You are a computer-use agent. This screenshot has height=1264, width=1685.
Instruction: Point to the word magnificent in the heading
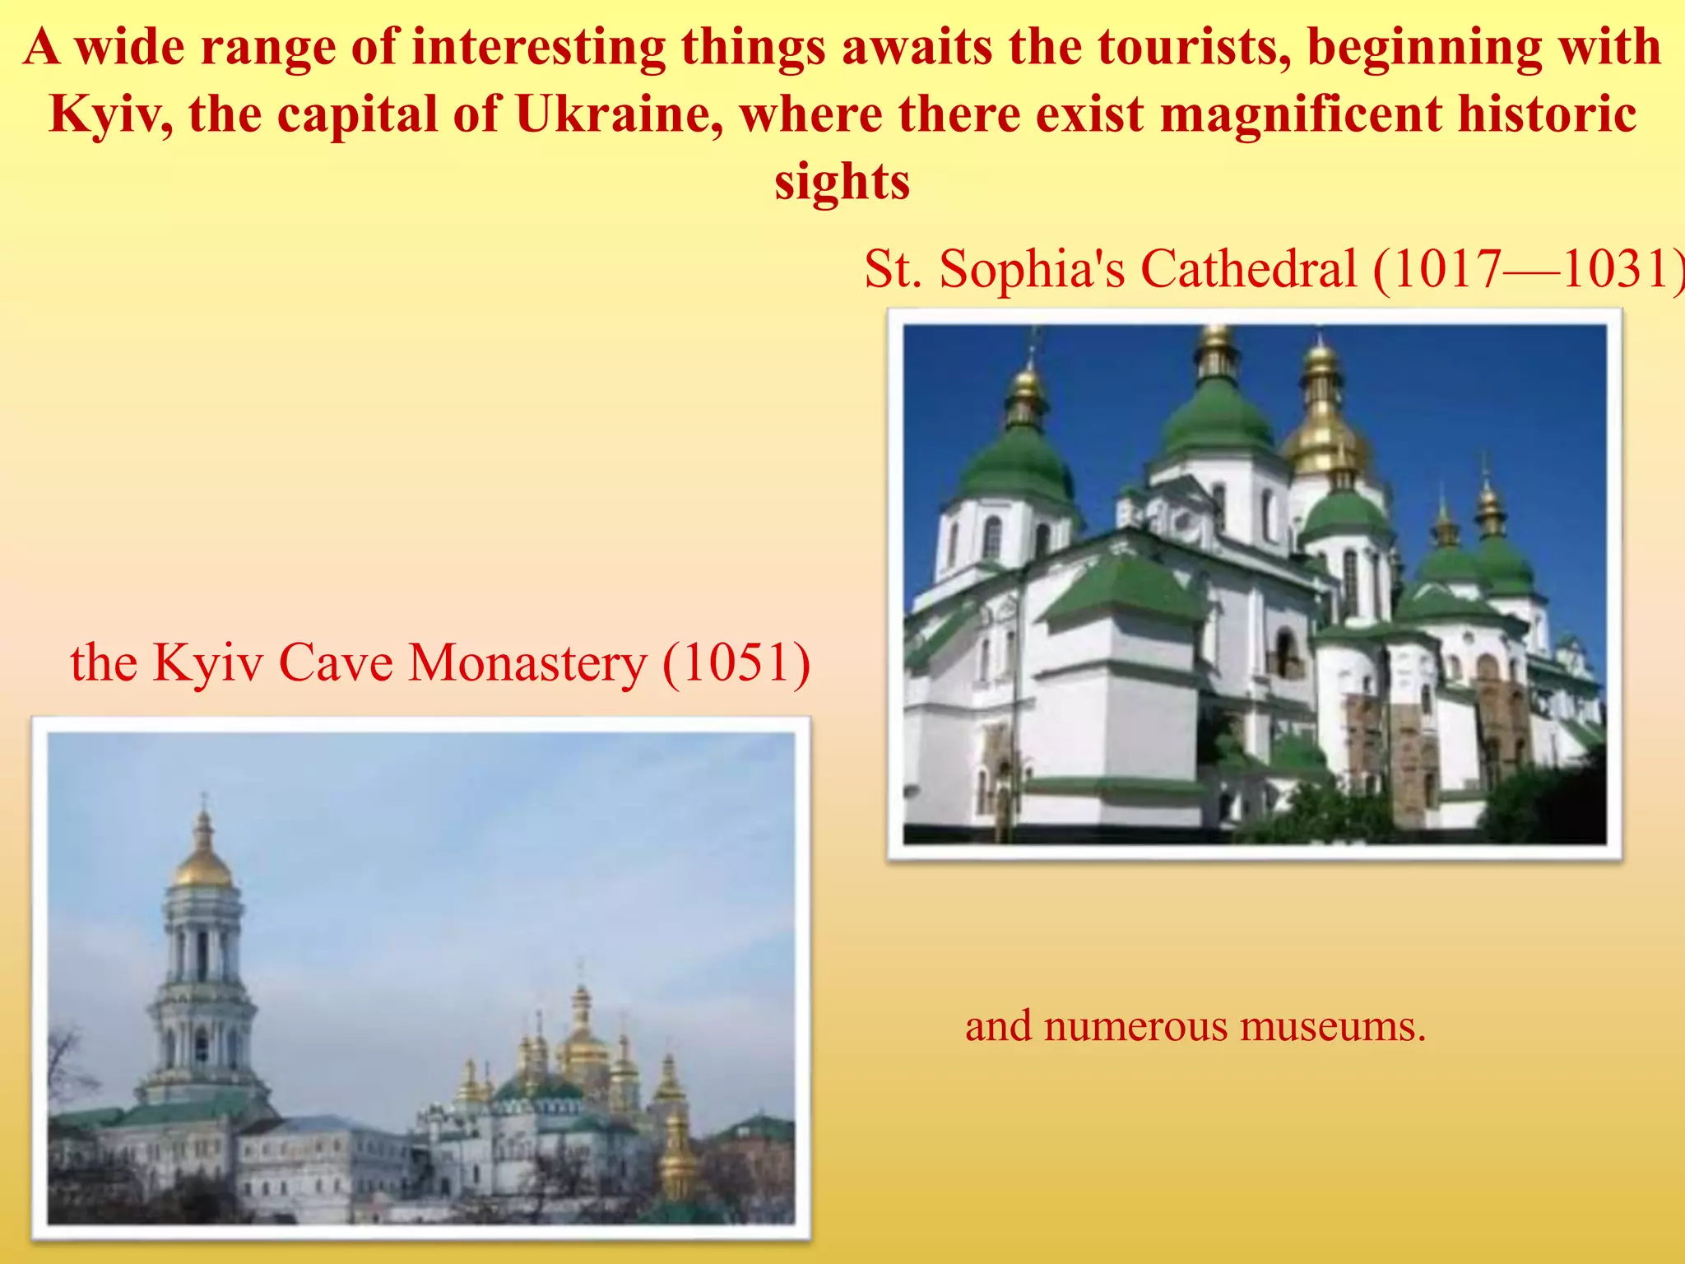point(1301,114)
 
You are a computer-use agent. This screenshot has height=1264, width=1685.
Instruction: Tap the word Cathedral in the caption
point(1248,269)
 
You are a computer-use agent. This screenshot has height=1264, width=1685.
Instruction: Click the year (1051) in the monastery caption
point(736,663)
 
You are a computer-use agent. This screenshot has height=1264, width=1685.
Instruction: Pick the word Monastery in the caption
point(527,663)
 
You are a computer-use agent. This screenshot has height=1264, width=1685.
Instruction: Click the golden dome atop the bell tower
point(202,864)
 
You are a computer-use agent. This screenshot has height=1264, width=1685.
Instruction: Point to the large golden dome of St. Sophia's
point(1323,436)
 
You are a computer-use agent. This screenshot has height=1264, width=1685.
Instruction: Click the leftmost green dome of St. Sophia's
point(1018,465)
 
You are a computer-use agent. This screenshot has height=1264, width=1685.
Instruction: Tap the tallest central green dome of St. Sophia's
point(1218,420)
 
